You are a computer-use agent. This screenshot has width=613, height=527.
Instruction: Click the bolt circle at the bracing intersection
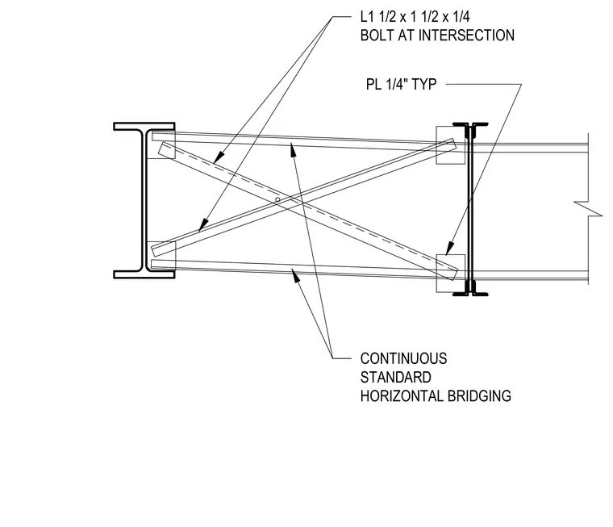(x=277, y=200)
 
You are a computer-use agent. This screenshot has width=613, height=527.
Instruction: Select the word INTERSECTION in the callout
(x=466, y=36)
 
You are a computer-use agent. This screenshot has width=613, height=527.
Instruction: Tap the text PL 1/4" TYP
(x=401, y=84)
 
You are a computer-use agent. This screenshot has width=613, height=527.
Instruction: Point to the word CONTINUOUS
(x=403, y=359)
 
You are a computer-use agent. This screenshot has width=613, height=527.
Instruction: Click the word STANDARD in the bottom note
(x=396, y=378)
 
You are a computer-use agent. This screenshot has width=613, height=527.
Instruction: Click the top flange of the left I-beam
(x=144, y=126)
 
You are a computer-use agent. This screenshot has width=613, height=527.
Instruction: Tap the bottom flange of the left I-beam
(x=144, y=274)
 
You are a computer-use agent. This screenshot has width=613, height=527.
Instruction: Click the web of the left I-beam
(x=144, y=200)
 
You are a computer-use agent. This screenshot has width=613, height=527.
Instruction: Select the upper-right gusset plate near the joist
(x=450, y=145)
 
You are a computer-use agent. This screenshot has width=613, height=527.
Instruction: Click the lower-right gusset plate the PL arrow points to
(x=450, y=274)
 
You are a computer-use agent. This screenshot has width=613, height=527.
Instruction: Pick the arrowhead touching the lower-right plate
(x=450, y=249)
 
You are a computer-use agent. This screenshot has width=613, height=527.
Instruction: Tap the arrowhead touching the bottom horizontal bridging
(x=296, y=275)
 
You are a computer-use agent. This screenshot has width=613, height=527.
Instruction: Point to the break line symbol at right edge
(x=588, y=208)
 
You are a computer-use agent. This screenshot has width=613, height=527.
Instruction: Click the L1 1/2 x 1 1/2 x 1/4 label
(x=415, y=17)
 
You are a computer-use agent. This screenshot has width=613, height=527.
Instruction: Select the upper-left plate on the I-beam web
(x=161, y=144)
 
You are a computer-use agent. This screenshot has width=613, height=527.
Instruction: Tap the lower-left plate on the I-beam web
(x=161, y=256)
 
